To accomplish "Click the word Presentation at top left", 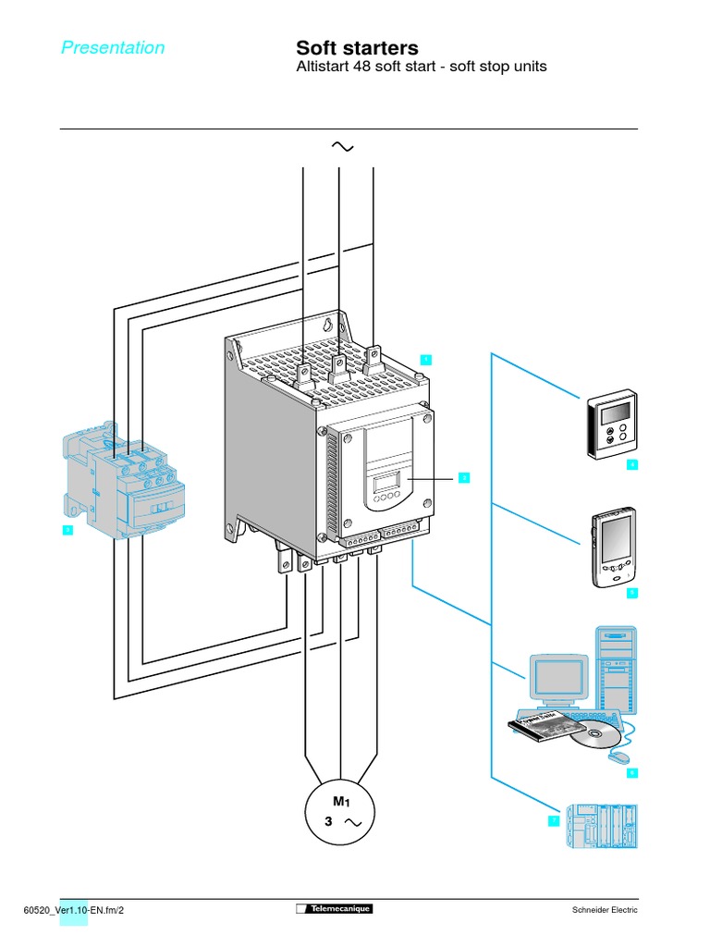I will tap(113, 48).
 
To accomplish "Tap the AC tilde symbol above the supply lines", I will tap(341, 147).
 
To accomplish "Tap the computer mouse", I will tap(617, 756).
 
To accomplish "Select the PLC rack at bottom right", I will tap(602, 825).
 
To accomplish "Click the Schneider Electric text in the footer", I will tap(606, 910).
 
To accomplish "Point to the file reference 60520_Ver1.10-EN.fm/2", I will tap(73, 910).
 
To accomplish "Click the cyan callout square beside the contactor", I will tap(67, 530).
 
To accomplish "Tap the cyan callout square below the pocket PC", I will tap(632, 592).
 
